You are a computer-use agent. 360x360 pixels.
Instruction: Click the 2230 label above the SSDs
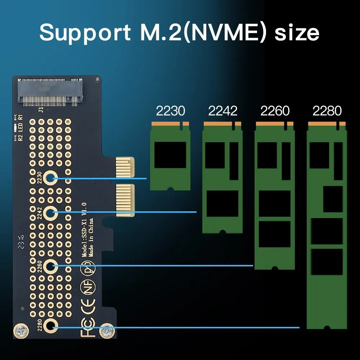point(170,111)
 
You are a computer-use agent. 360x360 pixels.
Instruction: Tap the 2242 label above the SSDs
point(222,111)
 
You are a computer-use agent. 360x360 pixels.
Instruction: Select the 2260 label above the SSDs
point(275,111)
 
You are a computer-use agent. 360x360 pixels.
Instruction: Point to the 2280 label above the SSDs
point(327,111)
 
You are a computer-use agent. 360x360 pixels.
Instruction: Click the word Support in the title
point(85,32)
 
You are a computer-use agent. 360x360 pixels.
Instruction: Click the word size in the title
point(297,32)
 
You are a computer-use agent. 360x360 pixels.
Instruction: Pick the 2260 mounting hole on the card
point(51,266)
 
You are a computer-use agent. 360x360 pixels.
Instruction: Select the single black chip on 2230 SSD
point(170,155)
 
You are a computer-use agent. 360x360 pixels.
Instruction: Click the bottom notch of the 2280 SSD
point(327,328)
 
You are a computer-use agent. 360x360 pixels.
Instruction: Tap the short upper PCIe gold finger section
point(125,167)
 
